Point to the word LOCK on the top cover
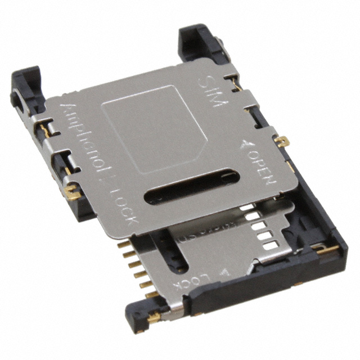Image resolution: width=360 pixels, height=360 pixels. click(x=122, y=208)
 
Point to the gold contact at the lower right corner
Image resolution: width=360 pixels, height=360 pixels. click(x=327, y=249)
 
